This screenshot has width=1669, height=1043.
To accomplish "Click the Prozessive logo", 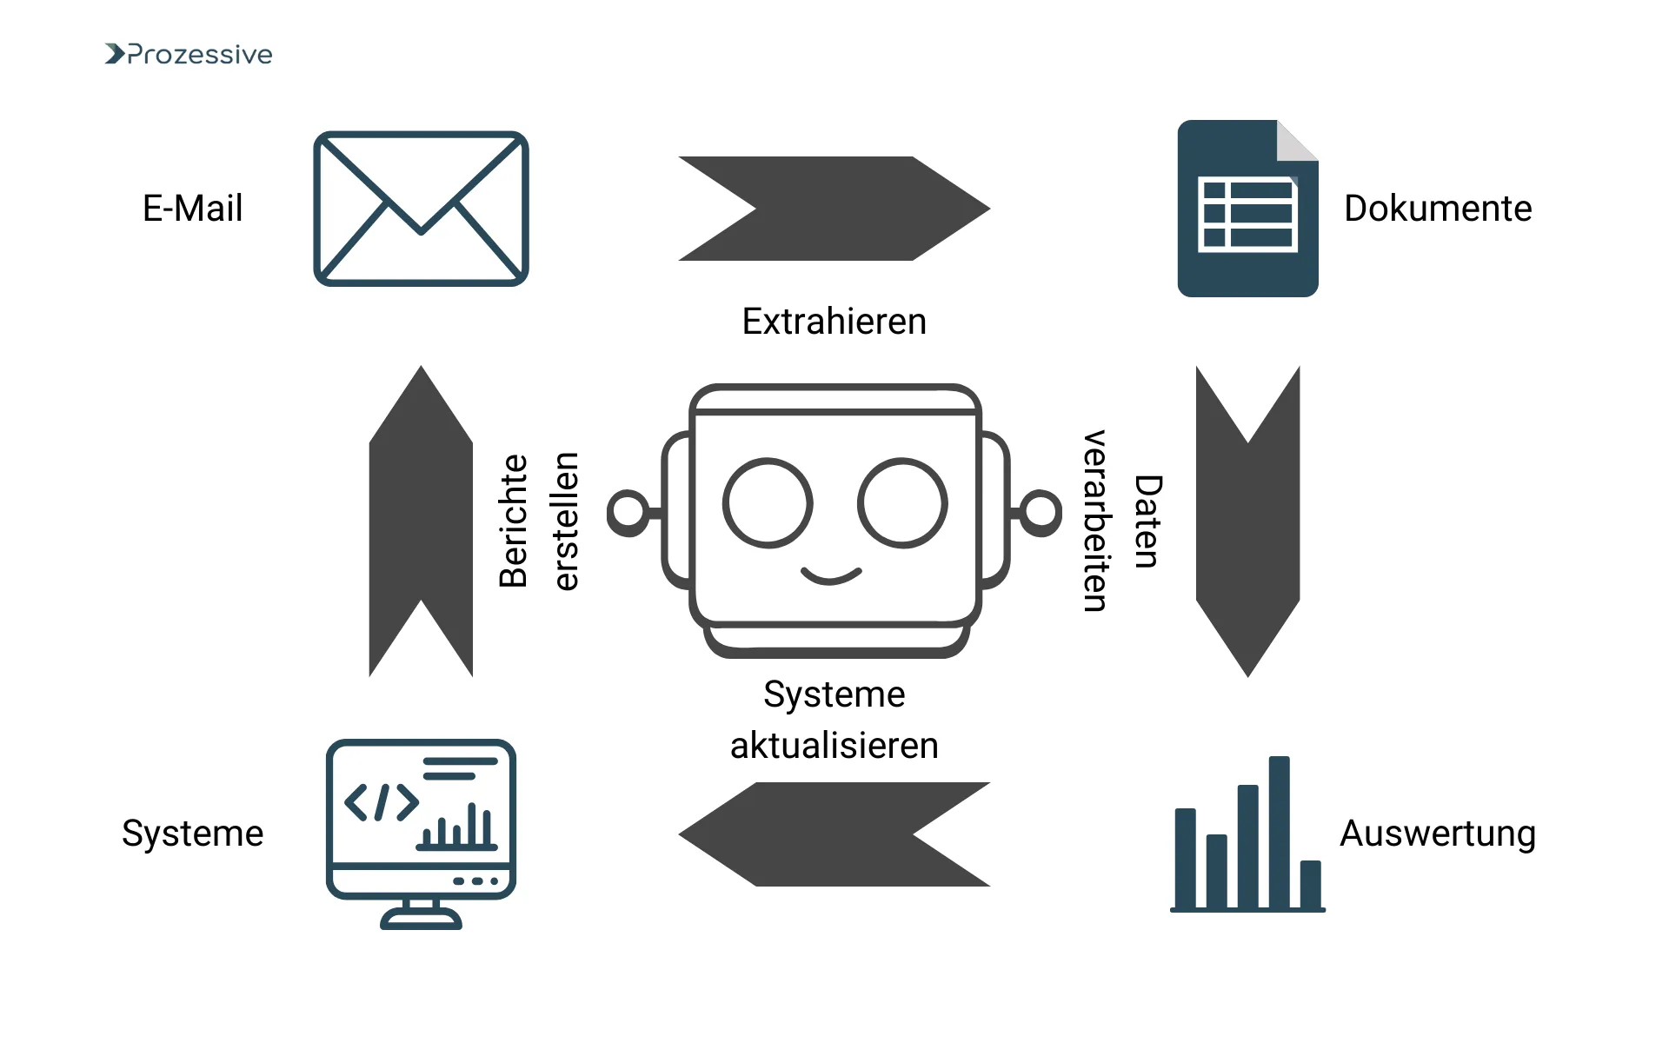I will pos(189,54).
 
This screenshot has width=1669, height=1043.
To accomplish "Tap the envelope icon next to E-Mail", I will pos(421,209).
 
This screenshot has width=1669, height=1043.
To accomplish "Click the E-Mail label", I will pos(192,209).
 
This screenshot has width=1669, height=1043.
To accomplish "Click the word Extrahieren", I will pos(834,322).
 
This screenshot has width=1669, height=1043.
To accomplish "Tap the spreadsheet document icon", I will pos(1247,209).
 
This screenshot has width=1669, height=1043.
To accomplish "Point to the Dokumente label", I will pos(1438,209).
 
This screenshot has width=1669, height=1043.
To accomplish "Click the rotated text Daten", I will pos(1147,521).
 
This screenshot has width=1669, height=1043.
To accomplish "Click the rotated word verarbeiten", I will pos(1095,521).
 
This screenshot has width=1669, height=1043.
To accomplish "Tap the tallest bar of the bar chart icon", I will pos(1279,832).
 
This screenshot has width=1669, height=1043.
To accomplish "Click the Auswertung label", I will pos(1438,834).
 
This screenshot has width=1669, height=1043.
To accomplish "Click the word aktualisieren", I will pos(834,746).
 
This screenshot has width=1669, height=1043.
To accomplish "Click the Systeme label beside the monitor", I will pos(192,834).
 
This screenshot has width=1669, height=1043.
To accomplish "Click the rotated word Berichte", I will pos(513,521).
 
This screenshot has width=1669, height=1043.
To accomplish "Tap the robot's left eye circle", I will pos(768,502).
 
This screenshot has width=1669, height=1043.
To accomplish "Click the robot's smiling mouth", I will pos(831,575).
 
